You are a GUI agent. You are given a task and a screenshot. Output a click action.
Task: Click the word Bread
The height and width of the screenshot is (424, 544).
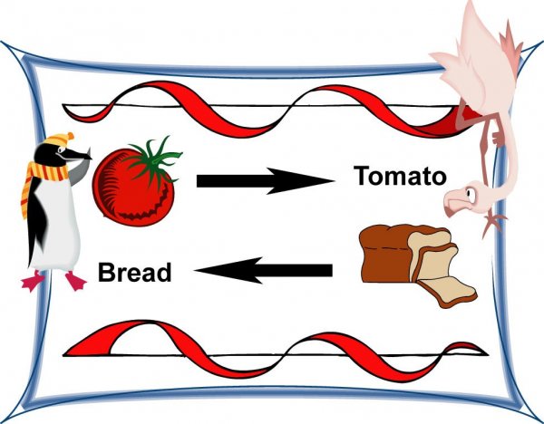[134, 271]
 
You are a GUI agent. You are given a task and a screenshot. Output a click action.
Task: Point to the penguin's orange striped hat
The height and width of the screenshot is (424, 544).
[60, 140]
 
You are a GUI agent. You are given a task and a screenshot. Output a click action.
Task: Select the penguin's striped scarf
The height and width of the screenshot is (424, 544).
[32, 186]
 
